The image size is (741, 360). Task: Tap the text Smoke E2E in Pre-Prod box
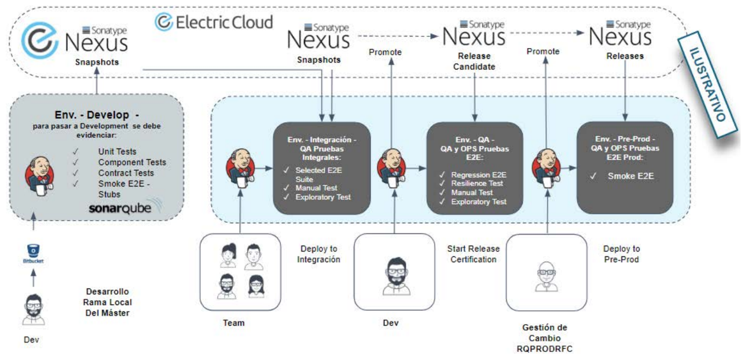point(630,175)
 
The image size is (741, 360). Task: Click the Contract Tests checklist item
point(126,173)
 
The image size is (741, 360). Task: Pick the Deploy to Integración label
point(318,254)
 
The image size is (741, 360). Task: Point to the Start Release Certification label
point(473,254)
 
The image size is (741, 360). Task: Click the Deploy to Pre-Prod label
point(621,254)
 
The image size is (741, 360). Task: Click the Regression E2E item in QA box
point(478,174)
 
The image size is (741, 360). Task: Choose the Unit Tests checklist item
point(117,152)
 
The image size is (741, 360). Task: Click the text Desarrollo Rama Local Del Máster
point(107,303)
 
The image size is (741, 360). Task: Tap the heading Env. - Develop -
point(96,115)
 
